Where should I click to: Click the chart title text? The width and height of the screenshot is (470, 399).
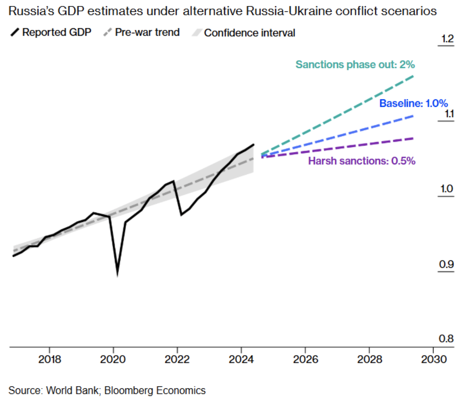pos(222,11)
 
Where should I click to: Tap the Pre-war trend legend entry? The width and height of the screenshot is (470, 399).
pos(142,32)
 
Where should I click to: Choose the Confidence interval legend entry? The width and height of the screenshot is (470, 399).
pos(244,33)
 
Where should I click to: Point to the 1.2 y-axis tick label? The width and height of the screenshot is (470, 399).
pos(447,39)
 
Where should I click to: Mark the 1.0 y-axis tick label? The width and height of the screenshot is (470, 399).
pos(446,189)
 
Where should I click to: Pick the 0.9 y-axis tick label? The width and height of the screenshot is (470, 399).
pos(446,264)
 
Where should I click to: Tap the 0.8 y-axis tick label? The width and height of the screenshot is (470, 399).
pos(446,339)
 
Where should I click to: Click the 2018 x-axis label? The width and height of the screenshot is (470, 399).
pos(49,359)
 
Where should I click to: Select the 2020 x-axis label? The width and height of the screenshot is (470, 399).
pos(113,359)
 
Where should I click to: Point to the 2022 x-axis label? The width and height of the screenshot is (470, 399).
pos(177,359)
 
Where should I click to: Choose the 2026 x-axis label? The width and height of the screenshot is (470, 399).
pos(305,359)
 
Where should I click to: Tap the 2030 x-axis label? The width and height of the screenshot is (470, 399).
pos(434,359)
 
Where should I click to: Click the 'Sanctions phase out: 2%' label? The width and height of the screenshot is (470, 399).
pos(355,64)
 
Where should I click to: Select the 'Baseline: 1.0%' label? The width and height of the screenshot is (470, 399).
pos(414,103)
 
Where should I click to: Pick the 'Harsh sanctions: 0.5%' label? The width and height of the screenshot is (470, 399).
pos(362,161)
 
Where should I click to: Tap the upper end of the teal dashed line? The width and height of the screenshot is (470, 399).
pos(414,75)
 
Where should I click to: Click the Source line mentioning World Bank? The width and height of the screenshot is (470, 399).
pos(107,390)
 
